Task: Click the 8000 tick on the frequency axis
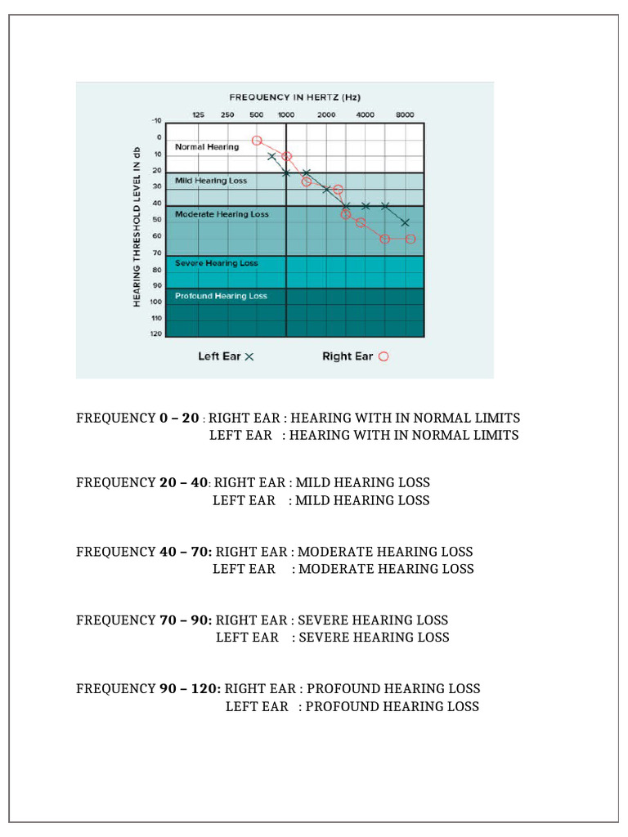[x=405, y=114]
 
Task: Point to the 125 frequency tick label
[x=198, y=114]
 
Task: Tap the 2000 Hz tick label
[x=326, y=114]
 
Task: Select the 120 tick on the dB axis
[x=156, y=334]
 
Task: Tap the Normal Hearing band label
[x=207, y=147]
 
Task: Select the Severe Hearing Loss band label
[x=216, y=263]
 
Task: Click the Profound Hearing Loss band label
[x=221, y=296]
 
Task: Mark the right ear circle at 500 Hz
[x=257, y=141]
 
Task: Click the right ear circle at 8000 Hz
[x=410, y=239]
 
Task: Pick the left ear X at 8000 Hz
[x=406, y=222]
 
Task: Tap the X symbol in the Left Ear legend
[x=249, y=357]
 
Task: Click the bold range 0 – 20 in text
[x=179, y=418]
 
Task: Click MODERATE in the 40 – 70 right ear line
[x=338, y=552]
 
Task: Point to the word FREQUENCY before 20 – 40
[x=115, y=482]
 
